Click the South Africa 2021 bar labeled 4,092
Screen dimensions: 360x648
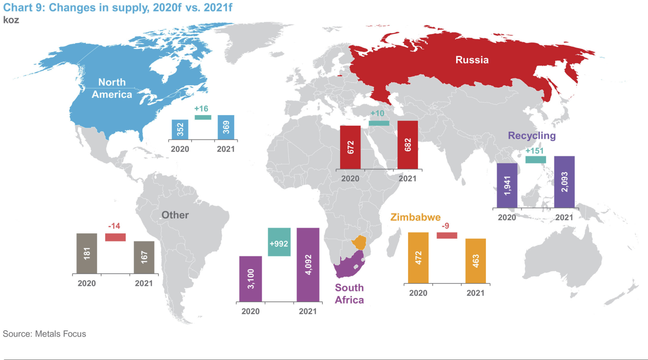[308, 265]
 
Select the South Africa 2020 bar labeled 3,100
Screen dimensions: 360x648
[251, 278]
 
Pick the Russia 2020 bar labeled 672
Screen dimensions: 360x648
[350, 147]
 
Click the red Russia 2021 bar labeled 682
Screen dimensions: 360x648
[408, 145]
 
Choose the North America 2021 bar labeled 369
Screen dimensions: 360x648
[226, 127]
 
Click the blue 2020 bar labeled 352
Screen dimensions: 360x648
[180, 129]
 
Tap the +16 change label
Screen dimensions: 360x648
[201, 109]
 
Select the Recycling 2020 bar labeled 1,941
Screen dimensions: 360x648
[507, 185]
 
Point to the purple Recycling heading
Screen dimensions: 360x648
[532, 136]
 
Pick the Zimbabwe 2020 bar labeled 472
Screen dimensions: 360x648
[418, 258]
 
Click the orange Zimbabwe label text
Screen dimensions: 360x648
[416, 217]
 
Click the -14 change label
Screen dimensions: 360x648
[114, 226]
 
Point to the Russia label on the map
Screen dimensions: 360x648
[472, 60]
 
